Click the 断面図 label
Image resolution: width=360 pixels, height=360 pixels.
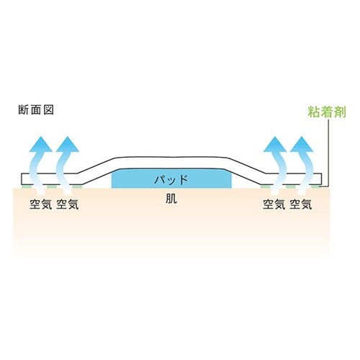coord(36,110)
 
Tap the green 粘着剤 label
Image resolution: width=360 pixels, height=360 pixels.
coord(327,112)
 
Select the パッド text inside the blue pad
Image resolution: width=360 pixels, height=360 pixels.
coord(171,179)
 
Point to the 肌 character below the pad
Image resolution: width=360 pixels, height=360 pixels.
coord(171,199)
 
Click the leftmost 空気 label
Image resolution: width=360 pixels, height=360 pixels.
coord(41,204)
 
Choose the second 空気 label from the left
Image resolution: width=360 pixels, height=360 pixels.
coord(68,204)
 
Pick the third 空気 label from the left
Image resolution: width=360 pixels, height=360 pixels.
coord(274,204)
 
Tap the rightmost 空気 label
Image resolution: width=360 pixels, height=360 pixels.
coord(301,204)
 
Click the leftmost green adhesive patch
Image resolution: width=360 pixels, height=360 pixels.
coord(26,186)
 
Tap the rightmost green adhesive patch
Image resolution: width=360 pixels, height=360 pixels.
coord(315,186)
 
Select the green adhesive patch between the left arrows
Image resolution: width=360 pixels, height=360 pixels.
coord(52,186)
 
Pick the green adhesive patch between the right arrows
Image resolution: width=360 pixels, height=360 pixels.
coord(290,186)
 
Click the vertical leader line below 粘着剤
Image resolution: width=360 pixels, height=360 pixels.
coord(328,153)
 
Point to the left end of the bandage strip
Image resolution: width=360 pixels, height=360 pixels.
coord(22,179)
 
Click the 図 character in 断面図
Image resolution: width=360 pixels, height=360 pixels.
coord(49,110)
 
